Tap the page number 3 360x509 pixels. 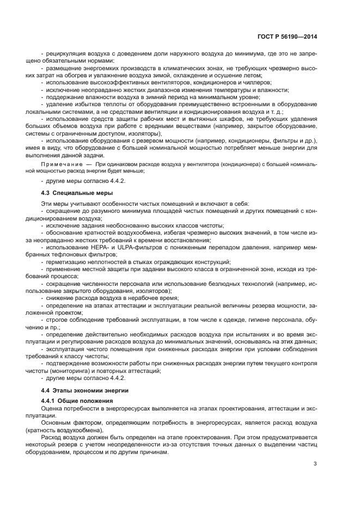pos(315,463)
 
